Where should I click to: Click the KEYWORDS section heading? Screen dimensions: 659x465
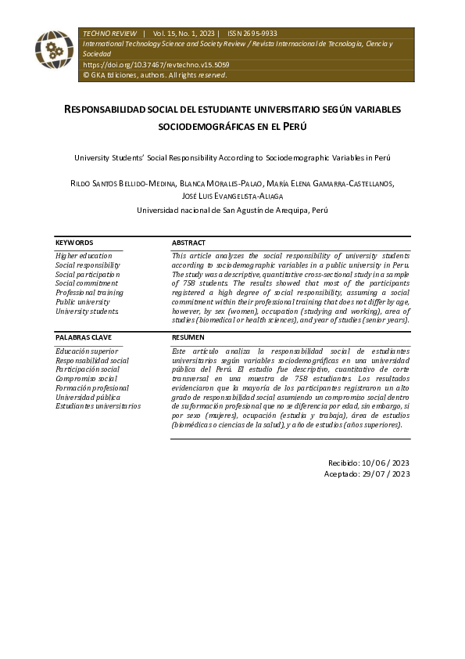tap(74, 243)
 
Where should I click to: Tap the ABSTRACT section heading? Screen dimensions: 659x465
tap(189, 243)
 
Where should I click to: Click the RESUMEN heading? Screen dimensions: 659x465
tap(188, 337)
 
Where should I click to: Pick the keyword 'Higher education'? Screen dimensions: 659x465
tap(84, 256)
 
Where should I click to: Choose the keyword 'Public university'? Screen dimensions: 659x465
tap(83, 302)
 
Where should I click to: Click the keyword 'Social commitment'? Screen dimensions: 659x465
tap(87, 283)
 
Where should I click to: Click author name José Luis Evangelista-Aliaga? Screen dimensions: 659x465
tap(232, 196)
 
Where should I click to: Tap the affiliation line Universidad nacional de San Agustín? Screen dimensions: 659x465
tap(232, 210)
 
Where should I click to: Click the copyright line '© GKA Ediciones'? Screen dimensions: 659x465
tap(154, 75)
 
